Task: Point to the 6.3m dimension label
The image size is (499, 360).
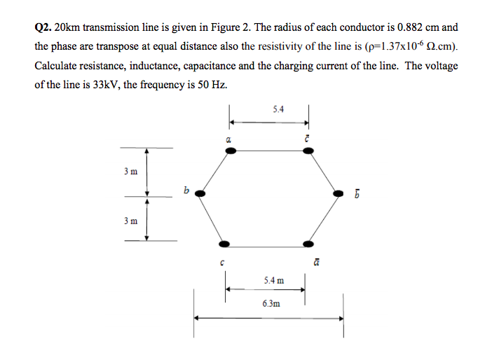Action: (271, 303)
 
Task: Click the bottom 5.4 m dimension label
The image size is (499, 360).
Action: (274, 280)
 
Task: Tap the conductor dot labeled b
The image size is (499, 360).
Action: (200, 193)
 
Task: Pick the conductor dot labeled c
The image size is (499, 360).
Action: (224, 244)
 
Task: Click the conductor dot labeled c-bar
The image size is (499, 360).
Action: (308, 154)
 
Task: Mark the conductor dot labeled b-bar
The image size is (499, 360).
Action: (338, 193)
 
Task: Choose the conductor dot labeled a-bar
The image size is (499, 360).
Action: (308, 244)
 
